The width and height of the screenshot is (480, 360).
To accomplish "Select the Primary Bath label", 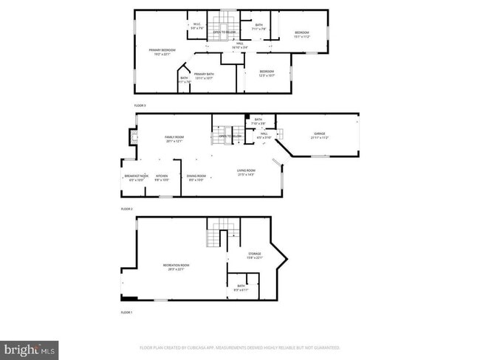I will (204, 75).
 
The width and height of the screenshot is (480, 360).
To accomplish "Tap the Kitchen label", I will (162, 177).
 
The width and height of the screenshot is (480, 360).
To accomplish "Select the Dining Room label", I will (196, 177).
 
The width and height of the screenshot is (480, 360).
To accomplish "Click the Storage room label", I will (255, 255).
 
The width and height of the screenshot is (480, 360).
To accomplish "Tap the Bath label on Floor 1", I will (241, 287).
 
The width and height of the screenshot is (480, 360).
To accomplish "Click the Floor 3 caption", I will (140, 105).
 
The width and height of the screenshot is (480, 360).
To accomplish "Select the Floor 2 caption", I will (126, 209).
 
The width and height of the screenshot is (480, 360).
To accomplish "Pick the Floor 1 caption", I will (126, 313).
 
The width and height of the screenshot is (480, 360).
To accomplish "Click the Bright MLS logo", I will (30, 347).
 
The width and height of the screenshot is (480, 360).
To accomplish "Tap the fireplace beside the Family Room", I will (132, 138).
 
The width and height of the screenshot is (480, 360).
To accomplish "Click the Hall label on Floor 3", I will (241, 45).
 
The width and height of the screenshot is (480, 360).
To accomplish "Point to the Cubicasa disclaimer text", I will (240, 347).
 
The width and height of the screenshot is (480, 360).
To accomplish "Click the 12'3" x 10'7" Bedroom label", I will (267, 74).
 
